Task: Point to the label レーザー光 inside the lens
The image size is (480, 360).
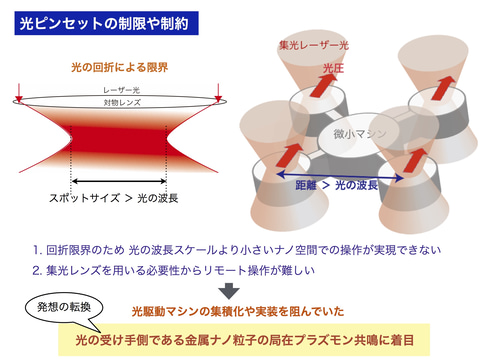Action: [x=119, y=90]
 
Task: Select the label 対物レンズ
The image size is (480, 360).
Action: [x=119, y=102]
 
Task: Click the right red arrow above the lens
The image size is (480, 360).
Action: [x=219, y=97]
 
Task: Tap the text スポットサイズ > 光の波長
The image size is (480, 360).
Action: [x=117, y=198]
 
